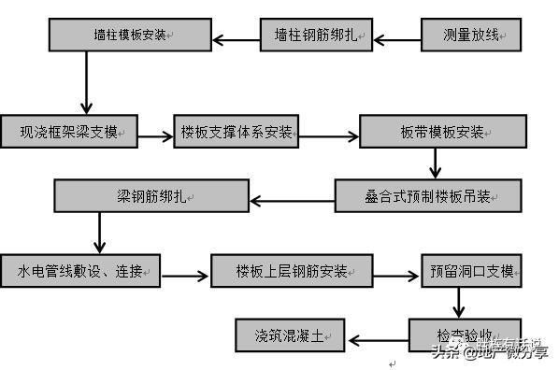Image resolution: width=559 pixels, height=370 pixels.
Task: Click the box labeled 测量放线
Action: tap(472, 36)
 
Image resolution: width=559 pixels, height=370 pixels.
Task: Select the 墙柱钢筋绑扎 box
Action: tap(316, 36)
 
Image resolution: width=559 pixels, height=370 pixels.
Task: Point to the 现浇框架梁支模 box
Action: tap(71, 131)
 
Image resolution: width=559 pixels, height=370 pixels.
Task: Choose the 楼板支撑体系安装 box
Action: tap(236, 131)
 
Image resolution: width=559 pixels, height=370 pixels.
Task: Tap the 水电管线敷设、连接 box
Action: tap(80, 271)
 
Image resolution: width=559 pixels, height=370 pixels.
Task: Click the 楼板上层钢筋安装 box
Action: tap(292, 271)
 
